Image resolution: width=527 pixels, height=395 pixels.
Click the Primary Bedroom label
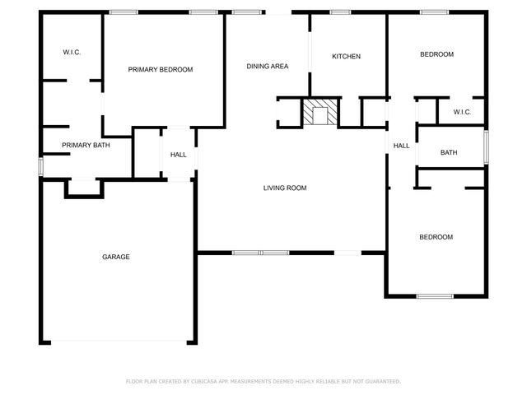(x=161, y=70)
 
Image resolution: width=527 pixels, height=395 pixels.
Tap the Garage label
(x=116, y=258)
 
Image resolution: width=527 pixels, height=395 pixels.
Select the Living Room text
(x=285, y=188)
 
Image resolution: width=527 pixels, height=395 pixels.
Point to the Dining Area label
(x=268, y=67)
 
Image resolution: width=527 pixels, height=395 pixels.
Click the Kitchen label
(x=346, y=57)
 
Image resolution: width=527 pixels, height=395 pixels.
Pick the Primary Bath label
(x=86, y=146)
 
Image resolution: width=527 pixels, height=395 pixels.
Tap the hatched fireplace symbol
(x=318, y=112)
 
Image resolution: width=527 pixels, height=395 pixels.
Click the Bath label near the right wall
(x=449, y=152)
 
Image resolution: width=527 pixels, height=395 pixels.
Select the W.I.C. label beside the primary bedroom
(x=72, y=53)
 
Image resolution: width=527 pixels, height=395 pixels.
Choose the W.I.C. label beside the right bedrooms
(x=462, y=112)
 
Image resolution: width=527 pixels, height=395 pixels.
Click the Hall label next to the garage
(x=179, y=155)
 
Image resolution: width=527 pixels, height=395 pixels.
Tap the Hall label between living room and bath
(x=402, y=146)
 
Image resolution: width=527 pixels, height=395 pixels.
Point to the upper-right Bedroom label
(x=436, y=54)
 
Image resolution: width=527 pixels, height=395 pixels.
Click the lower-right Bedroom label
(x=436, y=237)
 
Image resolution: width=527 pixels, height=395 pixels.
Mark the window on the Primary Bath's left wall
(x=41, y=165)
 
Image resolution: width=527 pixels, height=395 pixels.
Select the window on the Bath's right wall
(x=486, y=146)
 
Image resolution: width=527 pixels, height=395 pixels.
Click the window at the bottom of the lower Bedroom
(x=434, y=295)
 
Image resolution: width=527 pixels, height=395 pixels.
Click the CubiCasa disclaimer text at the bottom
(x=263, y=382)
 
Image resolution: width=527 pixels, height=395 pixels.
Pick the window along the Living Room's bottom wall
(x=260, y=252)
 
